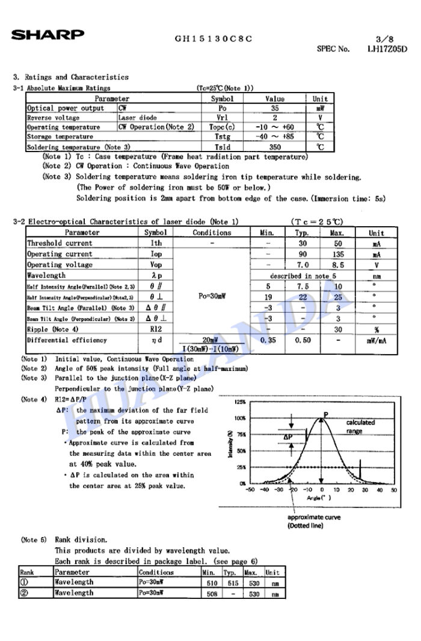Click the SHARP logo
48,35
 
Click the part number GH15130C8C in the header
214,39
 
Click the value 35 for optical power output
275,108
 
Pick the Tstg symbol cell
222,137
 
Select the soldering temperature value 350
275,147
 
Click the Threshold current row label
60,244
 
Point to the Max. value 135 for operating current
338,254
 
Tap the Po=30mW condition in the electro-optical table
211,296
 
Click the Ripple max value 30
338,330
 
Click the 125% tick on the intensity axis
240,402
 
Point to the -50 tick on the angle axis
250,489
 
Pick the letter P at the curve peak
325,414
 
